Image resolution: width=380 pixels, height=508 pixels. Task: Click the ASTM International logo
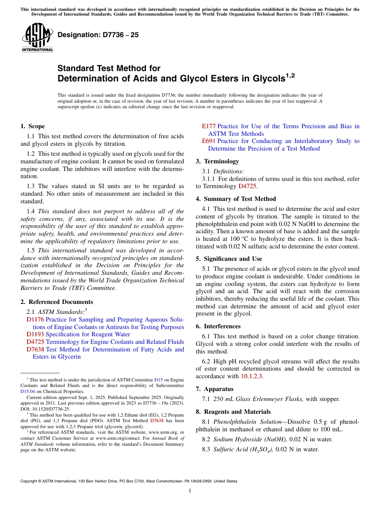click(37, 38)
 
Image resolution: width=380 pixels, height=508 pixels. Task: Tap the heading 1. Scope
click(33, 126)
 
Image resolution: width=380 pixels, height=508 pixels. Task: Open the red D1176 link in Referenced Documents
click(35, 319)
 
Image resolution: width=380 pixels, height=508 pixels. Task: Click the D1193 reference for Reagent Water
click(35, 334)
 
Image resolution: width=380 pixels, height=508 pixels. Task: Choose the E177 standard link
click(208, 126)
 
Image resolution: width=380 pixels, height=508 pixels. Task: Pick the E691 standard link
click(208, 141)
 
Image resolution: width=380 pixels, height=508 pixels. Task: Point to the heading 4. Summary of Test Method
click(236, 199)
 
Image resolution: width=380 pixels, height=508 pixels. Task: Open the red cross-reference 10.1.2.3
click(252, 376)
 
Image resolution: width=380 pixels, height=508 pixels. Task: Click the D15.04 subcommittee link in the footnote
click(28, 391)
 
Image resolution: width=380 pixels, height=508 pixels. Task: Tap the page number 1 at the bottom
click(190, 490)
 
